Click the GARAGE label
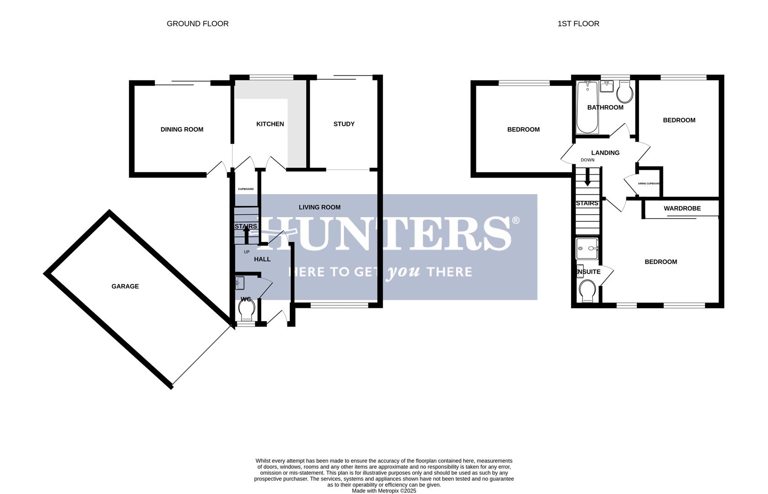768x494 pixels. coord(125,286)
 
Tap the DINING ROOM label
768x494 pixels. coord(181,129)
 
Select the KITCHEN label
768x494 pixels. coord(270,124)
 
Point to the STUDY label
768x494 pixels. coord(344,124)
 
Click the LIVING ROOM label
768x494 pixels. coord(320,207)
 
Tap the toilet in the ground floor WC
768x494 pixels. coord(247,313)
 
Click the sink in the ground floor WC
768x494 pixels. coord(240,283)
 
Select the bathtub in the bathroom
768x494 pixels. coord(587,107)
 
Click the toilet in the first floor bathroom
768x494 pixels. coord(624,93)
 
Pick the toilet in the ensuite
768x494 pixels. coord(587,291)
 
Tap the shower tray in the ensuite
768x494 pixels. coord(587,249)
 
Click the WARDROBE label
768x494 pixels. coord(682,209)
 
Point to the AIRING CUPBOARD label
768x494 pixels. coord(649,183)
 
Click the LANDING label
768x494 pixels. coord(605,153)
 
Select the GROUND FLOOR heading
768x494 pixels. coord(197,24)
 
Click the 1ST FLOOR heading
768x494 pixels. coord(578,24)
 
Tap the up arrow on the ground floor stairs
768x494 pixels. coord(246,235)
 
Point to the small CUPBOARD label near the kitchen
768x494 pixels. coord(245,189)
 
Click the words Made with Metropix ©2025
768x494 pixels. coord(384,491)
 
